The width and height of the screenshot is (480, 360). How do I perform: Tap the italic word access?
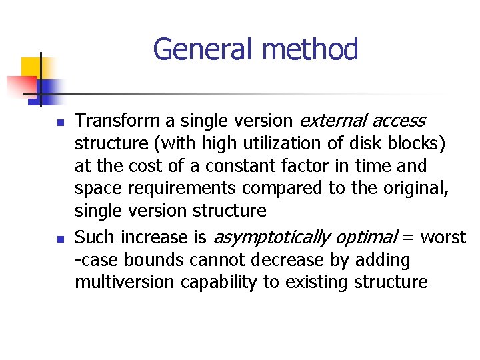click(x=399, y=121)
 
